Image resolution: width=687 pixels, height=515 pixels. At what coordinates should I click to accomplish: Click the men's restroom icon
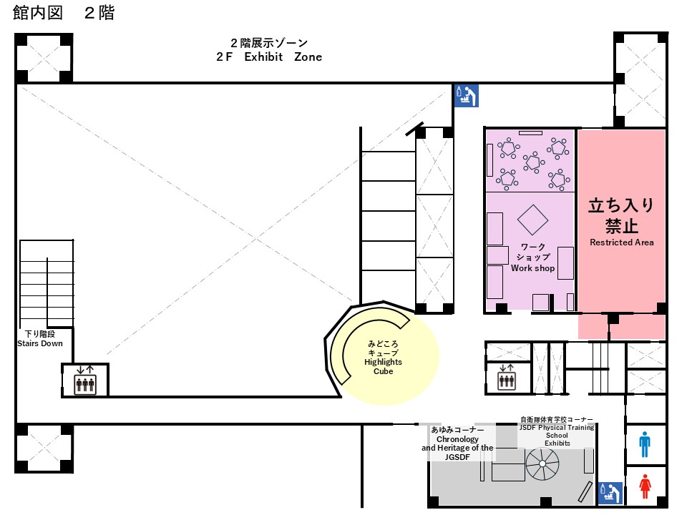click(x=645, y=444)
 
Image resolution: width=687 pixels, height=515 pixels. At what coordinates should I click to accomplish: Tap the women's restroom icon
click(x=645, y=486)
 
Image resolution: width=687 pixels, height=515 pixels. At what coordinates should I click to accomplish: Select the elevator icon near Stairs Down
click(x=85, y=380)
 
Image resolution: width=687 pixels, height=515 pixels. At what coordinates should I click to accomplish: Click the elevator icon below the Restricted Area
click(x=507, y=378)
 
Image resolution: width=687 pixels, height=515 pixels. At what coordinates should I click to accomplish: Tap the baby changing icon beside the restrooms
click(x=610, y=494)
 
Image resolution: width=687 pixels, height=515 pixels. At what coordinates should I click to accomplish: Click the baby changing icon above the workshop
click(x=466, y=95)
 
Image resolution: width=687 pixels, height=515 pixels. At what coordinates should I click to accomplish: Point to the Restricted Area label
click(x=621, y=242)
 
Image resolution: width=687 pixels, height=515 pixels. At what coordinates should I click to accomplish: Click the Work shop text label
click(x=532, y=268)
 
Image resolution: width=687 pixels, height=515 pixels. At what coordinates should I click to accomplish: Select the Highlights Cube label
click(x=383, y=366)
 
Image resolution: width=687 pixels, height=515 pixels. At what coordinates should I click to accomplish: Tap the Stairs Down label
click(x=40, y=344)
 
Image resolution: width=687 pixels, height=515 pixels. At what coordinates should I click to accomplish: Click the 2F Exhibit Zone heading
click(x=269, y=57)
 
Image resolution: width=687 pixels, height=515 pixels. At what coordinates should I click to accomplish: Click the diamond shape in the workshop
click(x=532, y=220)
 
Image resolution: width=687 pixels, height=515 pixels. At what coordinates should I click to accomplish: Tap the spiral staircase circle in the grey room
click(x=542, y=463)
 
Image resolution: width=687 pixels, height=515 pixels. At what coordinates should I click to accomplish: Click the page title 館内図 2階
click(x=64, y=13)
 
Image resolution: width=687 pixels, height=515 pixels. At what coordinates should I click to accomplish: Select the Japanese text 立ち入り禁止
click(x=621, y=215)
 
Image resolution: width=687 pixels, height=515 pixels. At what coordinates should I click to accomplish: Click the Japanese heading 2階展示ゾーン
click(x=269, y=43)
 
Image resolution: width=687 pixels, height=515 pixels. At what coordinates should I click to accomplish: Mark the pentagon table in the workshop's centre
click(x=533, y=162)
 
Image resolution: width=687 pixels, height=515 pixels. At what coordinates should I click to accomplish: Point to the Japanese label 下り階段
click(x=40, y=334)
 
